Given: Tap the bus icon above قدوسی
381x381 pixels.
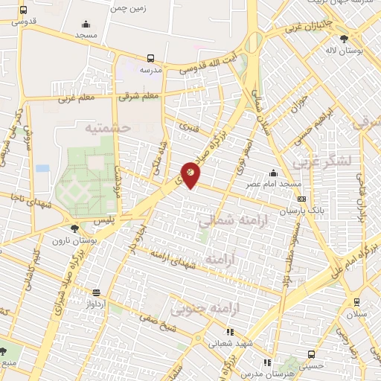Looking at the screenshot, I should point(24,10).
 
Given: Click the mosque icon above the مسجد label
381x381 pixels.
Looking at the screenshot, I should point(87,24).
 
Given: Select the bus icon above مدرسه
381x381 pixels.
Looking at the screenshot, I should point(151,57).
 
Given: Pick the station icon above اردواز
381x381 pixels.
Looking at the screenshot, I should point(96,292).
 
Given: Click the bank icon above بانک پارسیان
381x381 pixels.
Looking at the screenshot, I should point(301,199).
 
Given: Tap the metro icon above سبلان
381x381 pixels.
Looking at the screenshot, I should point(358,301).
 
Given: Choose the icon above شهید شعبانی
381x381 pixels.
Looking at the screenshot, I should point(231,331).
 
